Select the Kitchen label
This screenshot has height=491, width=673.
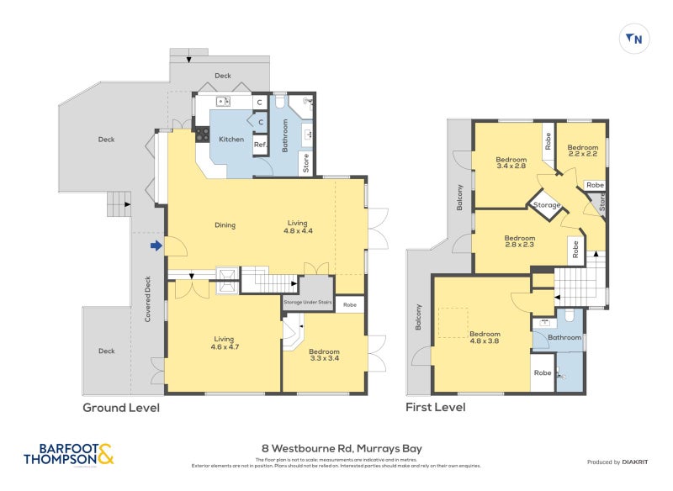tap(231, 140)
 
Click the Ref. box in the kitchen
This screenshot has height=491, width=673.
tap(261, 145)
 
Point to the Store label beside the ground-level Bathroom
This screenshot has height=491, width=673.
tap(305, 161)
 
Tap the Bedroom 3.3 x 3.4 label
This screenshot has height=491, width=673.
tap(325, 354)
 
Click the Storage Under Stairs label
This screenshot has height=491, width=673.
tap(305, 302)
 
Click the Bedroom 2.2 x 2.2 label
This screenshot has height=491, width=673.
tap(582, 150)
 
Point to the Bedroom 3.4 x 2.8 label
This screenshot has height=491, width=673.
tap(511, 163)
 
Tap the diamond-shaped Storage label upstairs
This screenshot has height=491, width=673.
tap(547, 205)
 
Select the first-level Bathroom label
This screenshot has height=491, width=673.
tap(564, 338)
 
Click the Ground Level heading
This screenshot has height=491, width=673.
tap(120, 408)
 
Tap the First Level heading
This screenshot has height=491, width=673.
tap(436, 408)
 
